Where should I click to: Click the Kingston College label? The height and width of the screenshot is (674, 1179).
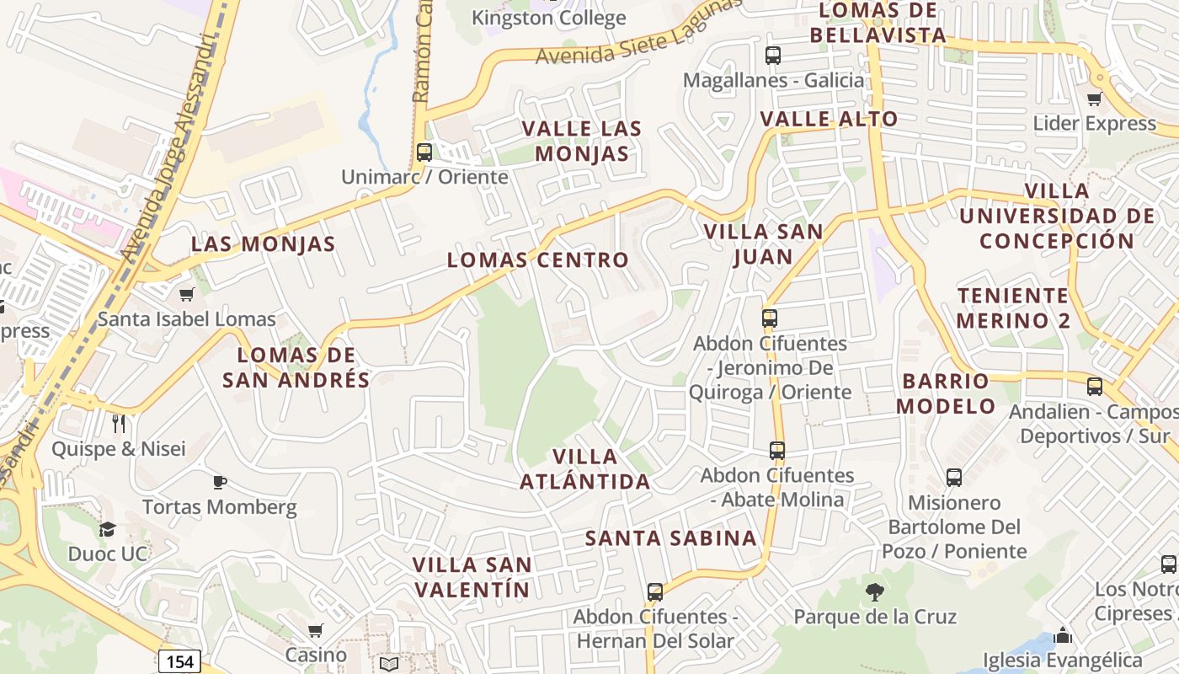pyautogui.click(x=548, y=18)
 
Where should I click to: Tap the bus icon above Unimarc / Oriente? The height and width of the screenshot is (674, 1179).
pyautogui.click(x=424, y=152)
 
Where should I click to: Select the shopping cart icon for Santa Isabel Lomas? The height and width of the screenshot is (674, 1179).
pyautogui.click(x=186, y=294)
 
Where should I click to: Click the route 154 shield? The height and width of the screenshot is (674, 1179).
pyautogui.click(x=179, y=661)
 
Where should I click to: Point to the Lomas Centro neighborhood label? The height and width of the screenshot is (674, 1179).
pyautogui.click(x=537, y=260)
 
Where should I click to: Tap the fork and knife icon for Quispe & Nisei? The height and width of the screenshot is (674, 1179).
pyautogui.click(x=119, y=423)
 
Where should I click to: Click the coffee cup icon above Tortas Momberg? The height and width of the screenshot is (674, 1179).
pyautogui.click(x=219, y=482)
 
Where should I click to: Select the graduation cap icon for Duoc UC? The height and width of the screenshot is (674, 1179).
pyautogui.click(x=107, y=529)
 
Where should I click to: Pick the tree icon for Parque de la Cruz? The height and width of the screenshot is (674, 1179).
pyautogui.click(x=875, y=592)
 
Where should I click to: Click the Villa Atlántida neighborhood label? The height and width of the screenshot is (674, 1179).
pyautogui.click(x=584, y=469)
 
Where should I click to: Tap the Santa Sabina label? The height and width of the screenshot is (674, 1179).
pyautogui.click(x=671, y=538)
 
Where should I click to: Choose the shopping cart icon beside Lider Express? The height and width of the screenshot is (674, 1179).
pyautogui.click(x=1094, y=99)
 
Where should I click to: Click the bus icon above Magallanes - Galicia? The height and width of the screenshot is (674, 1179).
pyautogui.click(x=772, y=56)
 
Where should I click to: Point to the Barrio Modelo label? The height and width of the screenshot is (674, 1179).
pyautogui.click(x=945, y=393)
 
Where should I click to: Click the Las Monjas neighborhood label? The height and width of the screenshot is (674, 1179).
pyautogui.click(x=263, y=244)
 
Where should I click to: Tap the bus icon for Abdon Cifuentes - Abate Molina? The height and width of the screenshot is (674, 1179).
pyautogui.click(x=776, y=451)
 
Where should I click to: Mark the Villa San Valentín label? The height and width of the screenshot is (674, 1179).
pyautogui.click(x=472, y=577)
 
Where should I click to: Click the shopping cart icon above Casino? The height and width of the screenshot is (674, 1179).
pyautogui.click(x=315, y=630)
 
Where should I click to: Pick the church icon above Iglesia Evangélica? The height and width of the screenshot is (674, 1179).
pyautogui.click(x=1063, y=635)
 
